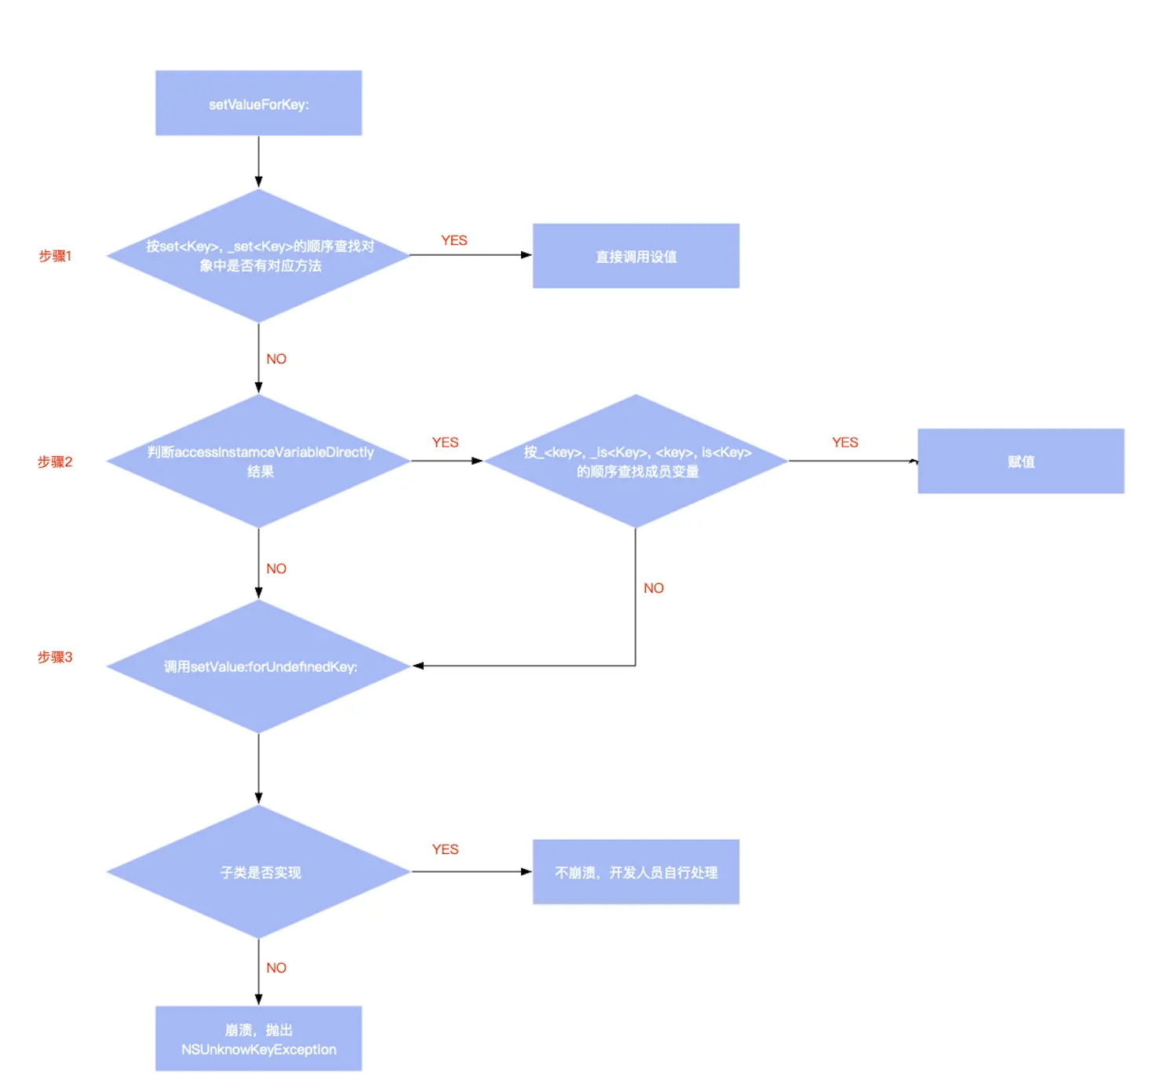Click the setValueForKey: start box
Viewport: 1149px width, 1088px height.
pyautogui.click(x=258, y=104)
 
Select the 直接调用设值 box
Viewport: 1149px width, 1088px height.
pyautogui.click(x=636, y=256)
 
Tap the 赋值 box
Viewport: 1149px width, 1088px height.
pyautogui.click(x=1020, y=462)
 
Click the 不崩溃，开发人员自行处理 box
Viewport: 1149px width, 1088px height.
pyautogui.click(x=636, y=872)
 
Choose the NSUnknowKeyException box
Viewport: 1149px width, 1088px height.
pyautogui.click(x=258, y=1039)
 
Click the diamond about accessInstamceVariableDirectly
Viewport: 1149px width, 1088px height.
pyautogui.click(x=258, y=462)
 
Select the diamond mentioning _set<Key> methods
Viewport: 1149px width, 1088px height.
pyautogui.click(x=258, y=256)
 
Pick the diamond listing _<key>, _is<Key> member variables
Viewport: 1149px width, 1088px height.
pyautogui.click(x=636, y=462)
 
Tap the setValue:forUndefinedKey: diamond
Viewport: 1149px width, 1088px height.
pyautogui.click(x=258, y=666)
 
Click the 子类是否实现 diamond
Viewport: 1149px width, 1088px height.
pyautogui.click(x=258, y=872)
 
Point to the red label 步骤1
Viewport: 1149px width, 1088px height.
pyautogui.click(x=55, y=256)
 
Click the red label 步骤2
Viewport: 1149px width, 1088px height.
pyautogui.click(x=55, y=462)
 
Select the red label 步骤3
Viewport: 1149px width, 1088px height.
pyautogui.click(x=55, y=657)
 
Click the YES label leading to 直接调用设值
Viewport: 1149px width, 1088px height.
pyautogui.click(x=454, y=240)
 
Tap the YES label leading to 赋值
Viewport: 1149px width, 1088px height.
pyautogui.click(x=844, y=443)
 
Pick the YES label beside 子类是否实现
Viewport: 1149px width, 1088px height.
pyautogui.click(x=445, y=849)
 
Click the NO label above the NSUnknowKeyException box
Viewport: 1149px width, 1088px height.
pyautogui.click(x=276, y=968)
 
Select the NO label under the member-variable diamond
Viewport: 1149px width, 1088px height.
pyautogui.click(x=654, y=588)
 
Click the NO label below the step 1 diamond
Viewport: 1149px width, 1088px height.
pyautogui.click(x=276, y=359)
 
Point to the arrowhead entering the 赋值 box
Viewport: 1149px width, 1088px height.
pyautogui.click(x=914, y=462)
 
